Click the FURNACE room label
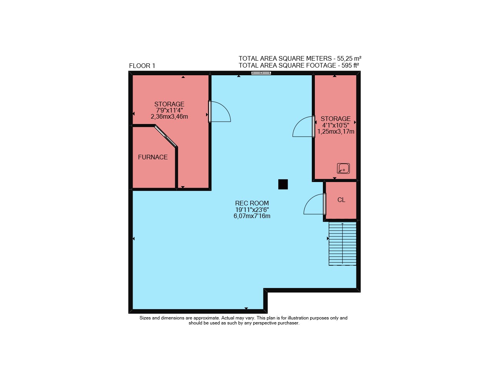[153, 157]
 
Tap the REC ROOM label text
[252, 203]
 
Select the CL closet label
[341, 200]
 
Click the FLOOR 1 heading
[142, 66]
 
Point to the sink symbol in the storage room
[343, 169]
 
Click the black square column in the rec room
[283, 184]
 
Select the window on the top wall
[261, 73]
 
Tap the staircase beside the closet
[342, 244]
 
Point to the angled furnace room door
[166, 136]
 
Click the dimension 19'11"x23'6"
[252, 210]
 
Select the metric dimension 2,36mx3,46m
[169, 116]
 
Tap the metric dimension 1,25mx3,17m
[336, 131]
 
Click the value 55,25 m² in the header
[349, 58]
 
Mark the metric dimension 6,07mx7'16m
[252, 216]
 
